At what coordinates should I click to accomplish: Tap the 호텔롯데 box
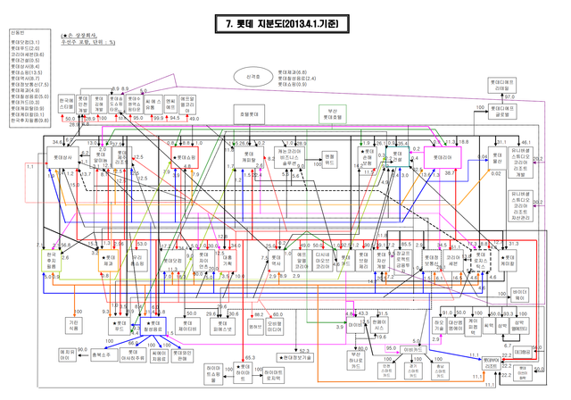249,115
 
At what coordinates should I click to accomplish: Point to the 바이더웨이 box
519,294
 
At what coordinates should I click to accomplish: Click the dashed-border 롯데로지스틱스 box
478,264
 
